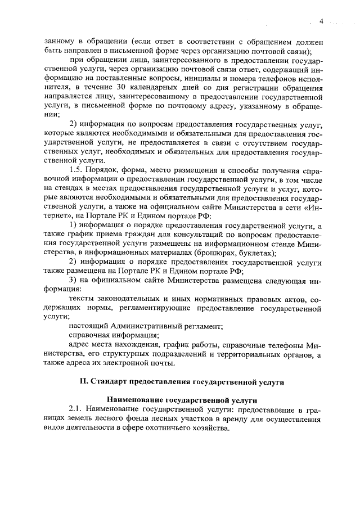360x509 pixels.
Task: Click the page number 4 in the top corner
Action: coord(322,21)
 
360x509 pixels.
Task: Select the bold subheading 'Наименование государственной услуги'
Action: coord(182,399)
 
